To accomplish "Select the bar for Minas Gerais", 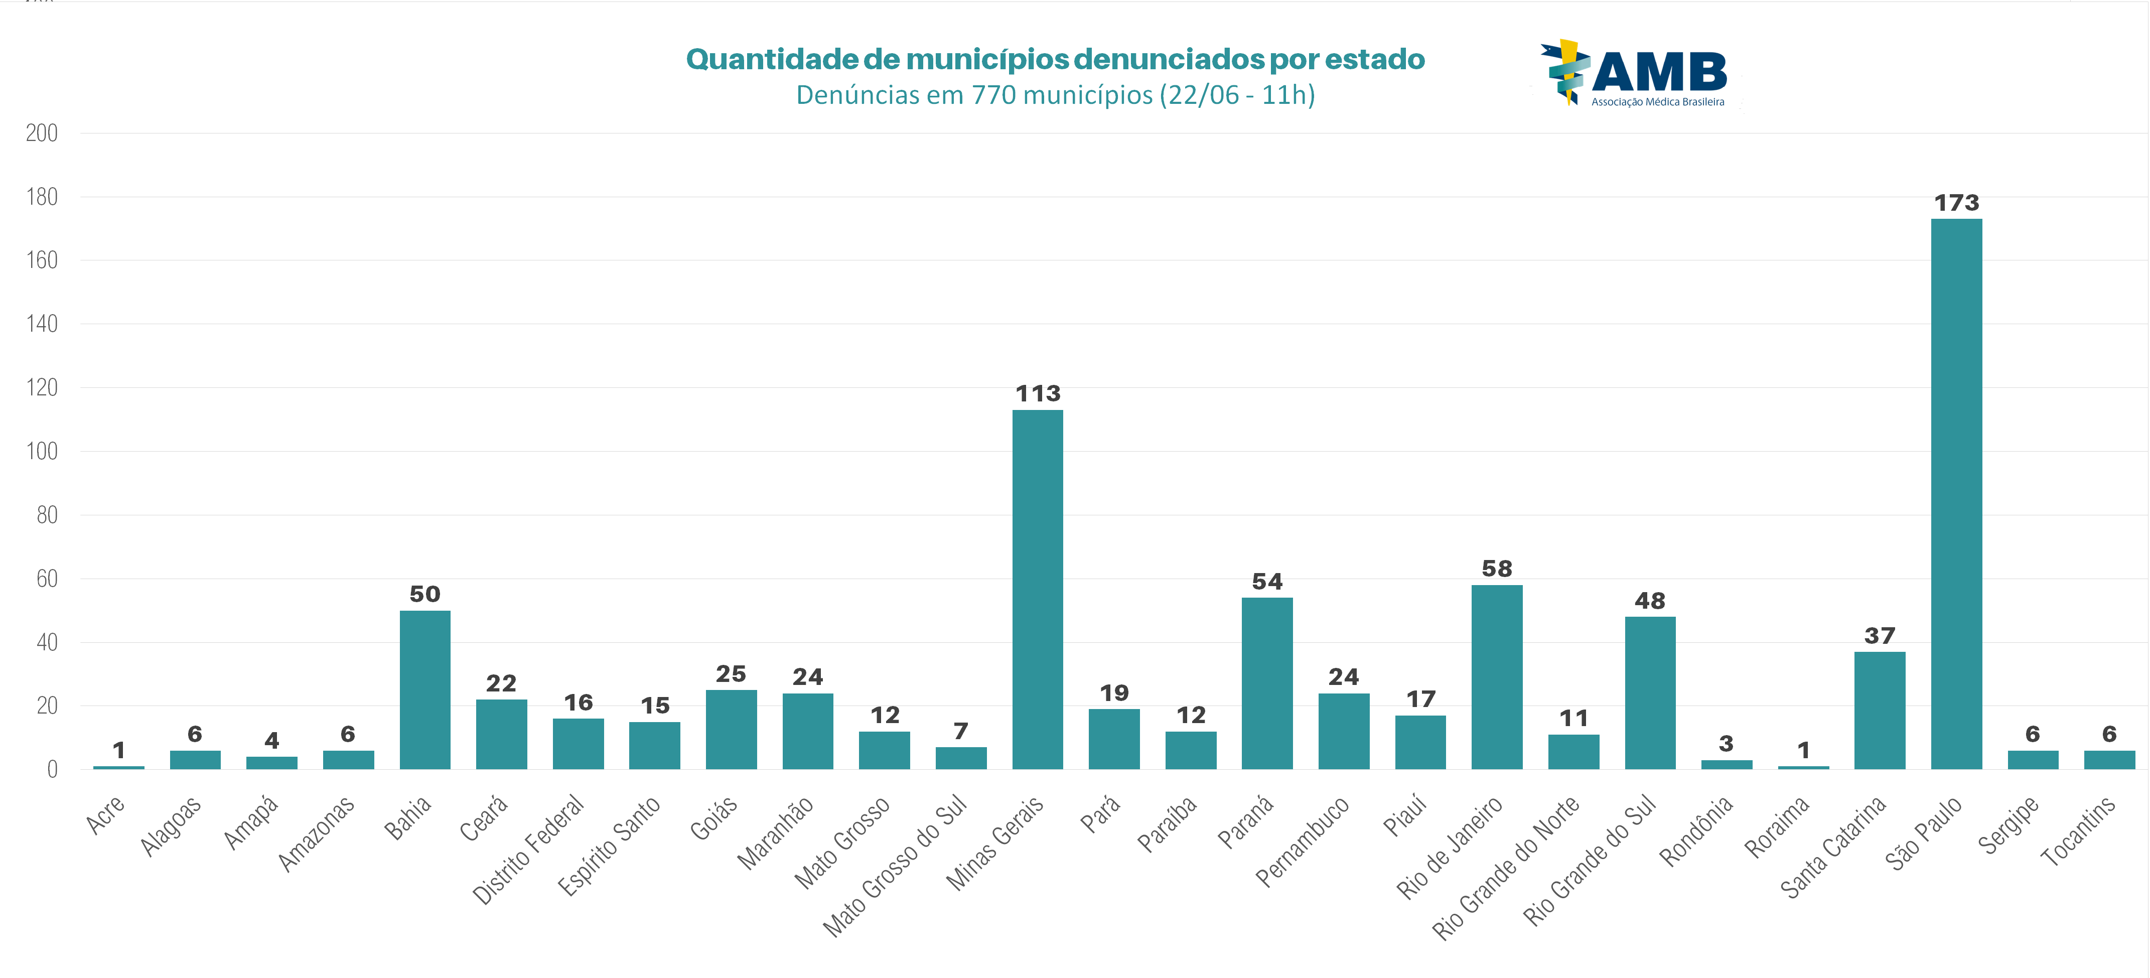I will coord(1038,589).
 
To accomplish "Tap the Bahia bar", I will coord(425,690).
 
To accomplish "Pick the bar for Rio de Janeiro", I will coord(1497,677).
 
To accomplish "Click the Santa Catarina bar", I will coord(1880,710).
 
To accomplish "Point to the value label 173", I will coord(1956,203).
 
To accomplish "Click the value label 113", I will coord(1038,394).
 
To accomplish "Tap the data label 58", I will coord(1497,569).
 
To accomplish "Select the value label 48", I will coord(1650,601).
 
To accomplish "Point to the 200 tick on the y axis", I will coord(42,133).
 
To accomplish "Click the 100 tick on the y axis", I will coord(42,452).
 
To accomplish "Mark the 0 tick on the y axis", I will coord(52,769).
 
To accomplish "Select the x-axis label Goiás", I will coord(713,818).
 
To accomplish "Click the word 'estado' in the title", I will coord(1375,59).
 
